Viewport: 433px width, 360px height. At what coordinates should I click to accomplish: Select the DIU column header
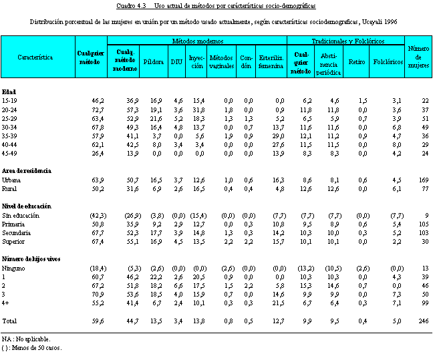(176, 61)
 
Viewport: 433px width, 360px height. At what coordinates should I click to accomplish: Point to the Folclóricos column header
(388, 61)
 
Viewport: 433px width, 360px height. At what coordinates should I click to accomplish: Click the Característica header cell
(37, 57)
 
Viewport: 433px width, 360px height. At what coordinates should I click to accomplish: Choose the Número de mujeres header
(418, 57)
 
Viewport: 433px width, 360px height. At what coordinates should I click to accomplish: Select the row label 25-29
(11, 118)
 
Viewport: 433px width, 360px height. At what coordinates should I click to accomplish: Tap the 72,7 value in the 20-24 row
(98, 110)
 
